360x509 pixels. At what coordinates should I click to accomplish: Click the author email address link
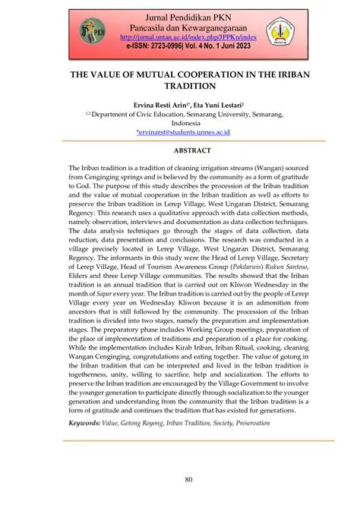(x=180, y=132)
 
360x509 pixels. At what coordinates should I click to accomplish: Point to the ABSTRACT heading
(x=180, y=150)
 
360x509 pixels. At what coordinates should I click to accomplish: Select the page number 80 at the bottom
(x=180, y=480)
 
